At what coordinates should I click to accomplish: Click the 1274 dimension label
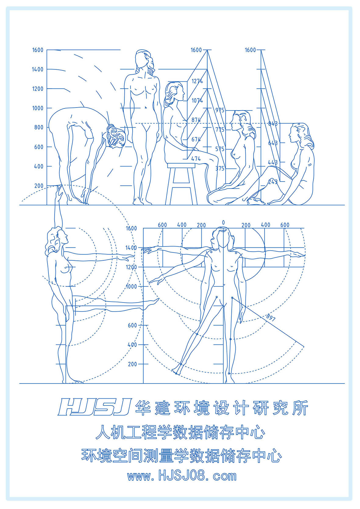click(x=197, y=81)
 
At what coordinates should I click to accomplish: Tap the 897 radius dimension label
click(x=271, y=317)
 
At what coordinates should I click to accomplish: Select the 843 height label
click(x=273, y=123)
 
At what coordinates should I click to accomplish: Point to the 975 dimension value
click(x=219, y=110)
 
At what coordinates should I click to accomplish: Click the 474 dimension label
click(x=196, y=159)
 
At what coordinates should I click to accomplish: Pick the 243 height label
click(x=273, y=182)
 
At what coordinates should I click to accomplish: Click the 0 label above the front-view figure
click(x=223, y=223)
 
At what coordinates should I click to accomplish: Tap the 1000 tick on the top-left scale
click(x=37, y=108)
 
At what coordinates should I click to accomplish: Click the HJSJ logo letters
click(x=94, y=407)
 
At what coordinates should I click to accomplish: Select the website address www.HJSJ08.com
click(x=182, y=476)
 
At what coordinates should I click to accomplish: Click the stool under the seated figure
click(x=181, y=183)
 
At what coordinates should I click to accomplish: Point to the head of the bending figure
click(x=115, y=137)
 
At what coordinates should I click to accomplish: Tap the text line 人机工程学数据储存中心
click(x=180, y=433)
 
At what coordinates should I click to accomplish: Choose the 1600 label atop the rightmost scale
click(x=250, y=50)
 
